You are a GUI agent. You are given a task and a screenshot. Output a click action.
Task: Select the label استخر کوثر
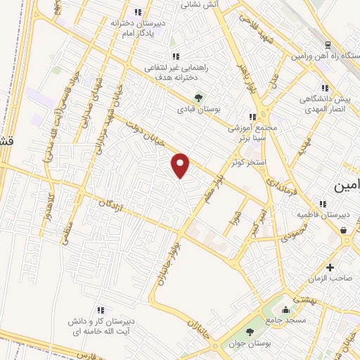click(250, 162)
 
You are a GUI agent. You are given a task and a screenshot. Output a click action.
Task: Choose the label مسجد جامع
click(285, 320)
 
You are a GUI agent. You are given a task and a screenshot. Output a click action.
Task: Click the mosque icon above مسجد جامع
click(285, 309)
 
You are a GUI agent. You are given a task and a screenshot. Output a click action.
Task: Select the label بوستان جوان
click(250, 343)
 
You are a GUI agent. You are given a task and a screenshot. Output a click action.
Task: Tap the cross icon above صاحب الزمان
click(330, 267)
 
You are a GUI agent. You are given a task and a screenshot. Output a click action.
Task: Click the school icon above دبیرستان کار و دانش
click(101, 309)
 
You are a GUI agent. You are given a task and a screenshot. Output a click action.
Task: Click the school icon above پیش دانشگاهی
click(324, 88)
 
